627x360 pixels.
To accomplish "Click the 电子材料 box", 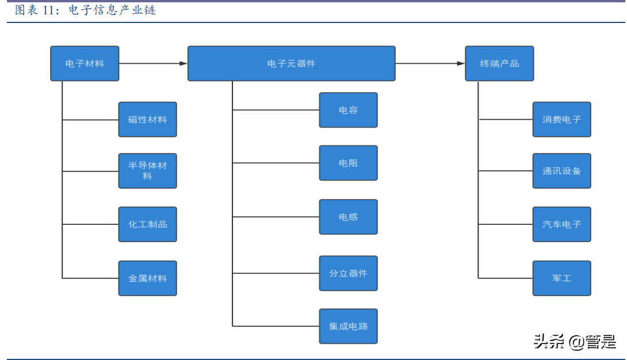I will coord(85,63).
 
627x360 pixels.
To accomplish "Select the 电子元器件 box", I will coord(291,63).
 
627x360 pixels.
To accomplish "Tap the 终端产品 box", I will coord(499,63).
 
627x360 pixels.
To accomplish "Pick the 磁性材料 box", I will coord(147,120).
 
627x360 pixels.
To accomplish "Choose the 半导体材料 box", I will coord(147,171).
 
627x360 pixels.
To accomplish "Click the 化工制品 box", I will coord(147,224).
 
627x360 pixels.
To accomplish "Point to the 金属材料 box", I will coord(147,278).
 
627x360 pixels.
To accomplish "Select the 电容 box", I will coord(348,110).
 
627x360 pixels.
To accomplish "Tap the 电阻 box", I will coord(348,163).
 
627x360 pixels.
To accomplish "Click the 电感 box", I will coord(348,217).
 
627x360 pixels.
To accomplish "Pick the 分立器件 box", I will coord(348,273).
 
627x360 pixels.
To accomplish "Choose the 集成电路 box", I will coord(348,326).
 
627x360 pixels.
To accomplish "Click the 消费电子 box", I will coord(561,120).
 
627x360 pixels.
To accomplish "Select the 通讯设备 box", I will coord(561,171).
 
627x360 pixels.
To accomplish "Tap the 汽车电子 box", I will coord(561,224).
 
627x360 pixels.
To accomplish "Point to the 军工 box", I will coord(561,278).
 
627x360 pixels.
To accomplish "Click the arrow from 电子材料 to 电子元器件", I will coord(153,63).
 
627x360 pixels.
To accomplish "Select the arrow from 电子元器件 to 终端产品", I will coord(430,63).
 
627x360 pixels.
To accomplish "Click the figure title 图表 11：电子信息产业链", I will coord(85,10).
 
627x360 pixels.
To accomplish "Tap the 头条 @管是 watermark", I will coord(575,342).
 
